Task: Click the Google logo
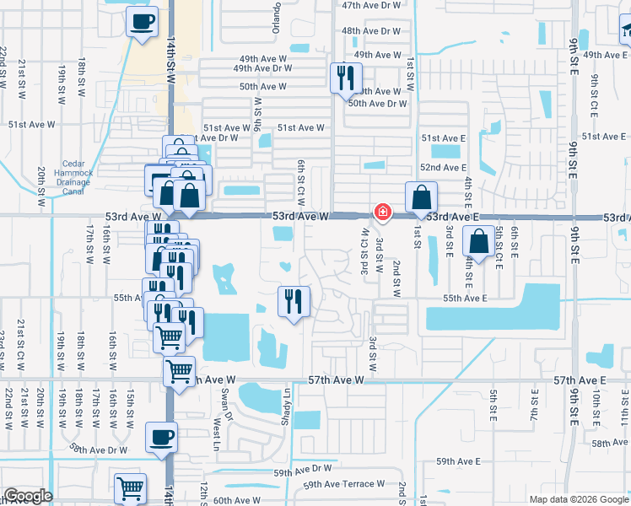click(28, 496)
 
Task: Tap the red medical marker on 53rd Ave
click(382, 212)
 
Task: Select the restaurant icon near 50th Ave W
click(344, 78)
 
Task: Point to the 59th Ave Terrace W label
click(343, 484)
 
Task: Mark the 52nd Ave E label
click(443, 169)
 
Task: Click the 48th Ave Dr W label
click(371, 31)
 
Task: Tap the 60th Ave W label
click(237, 500)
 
